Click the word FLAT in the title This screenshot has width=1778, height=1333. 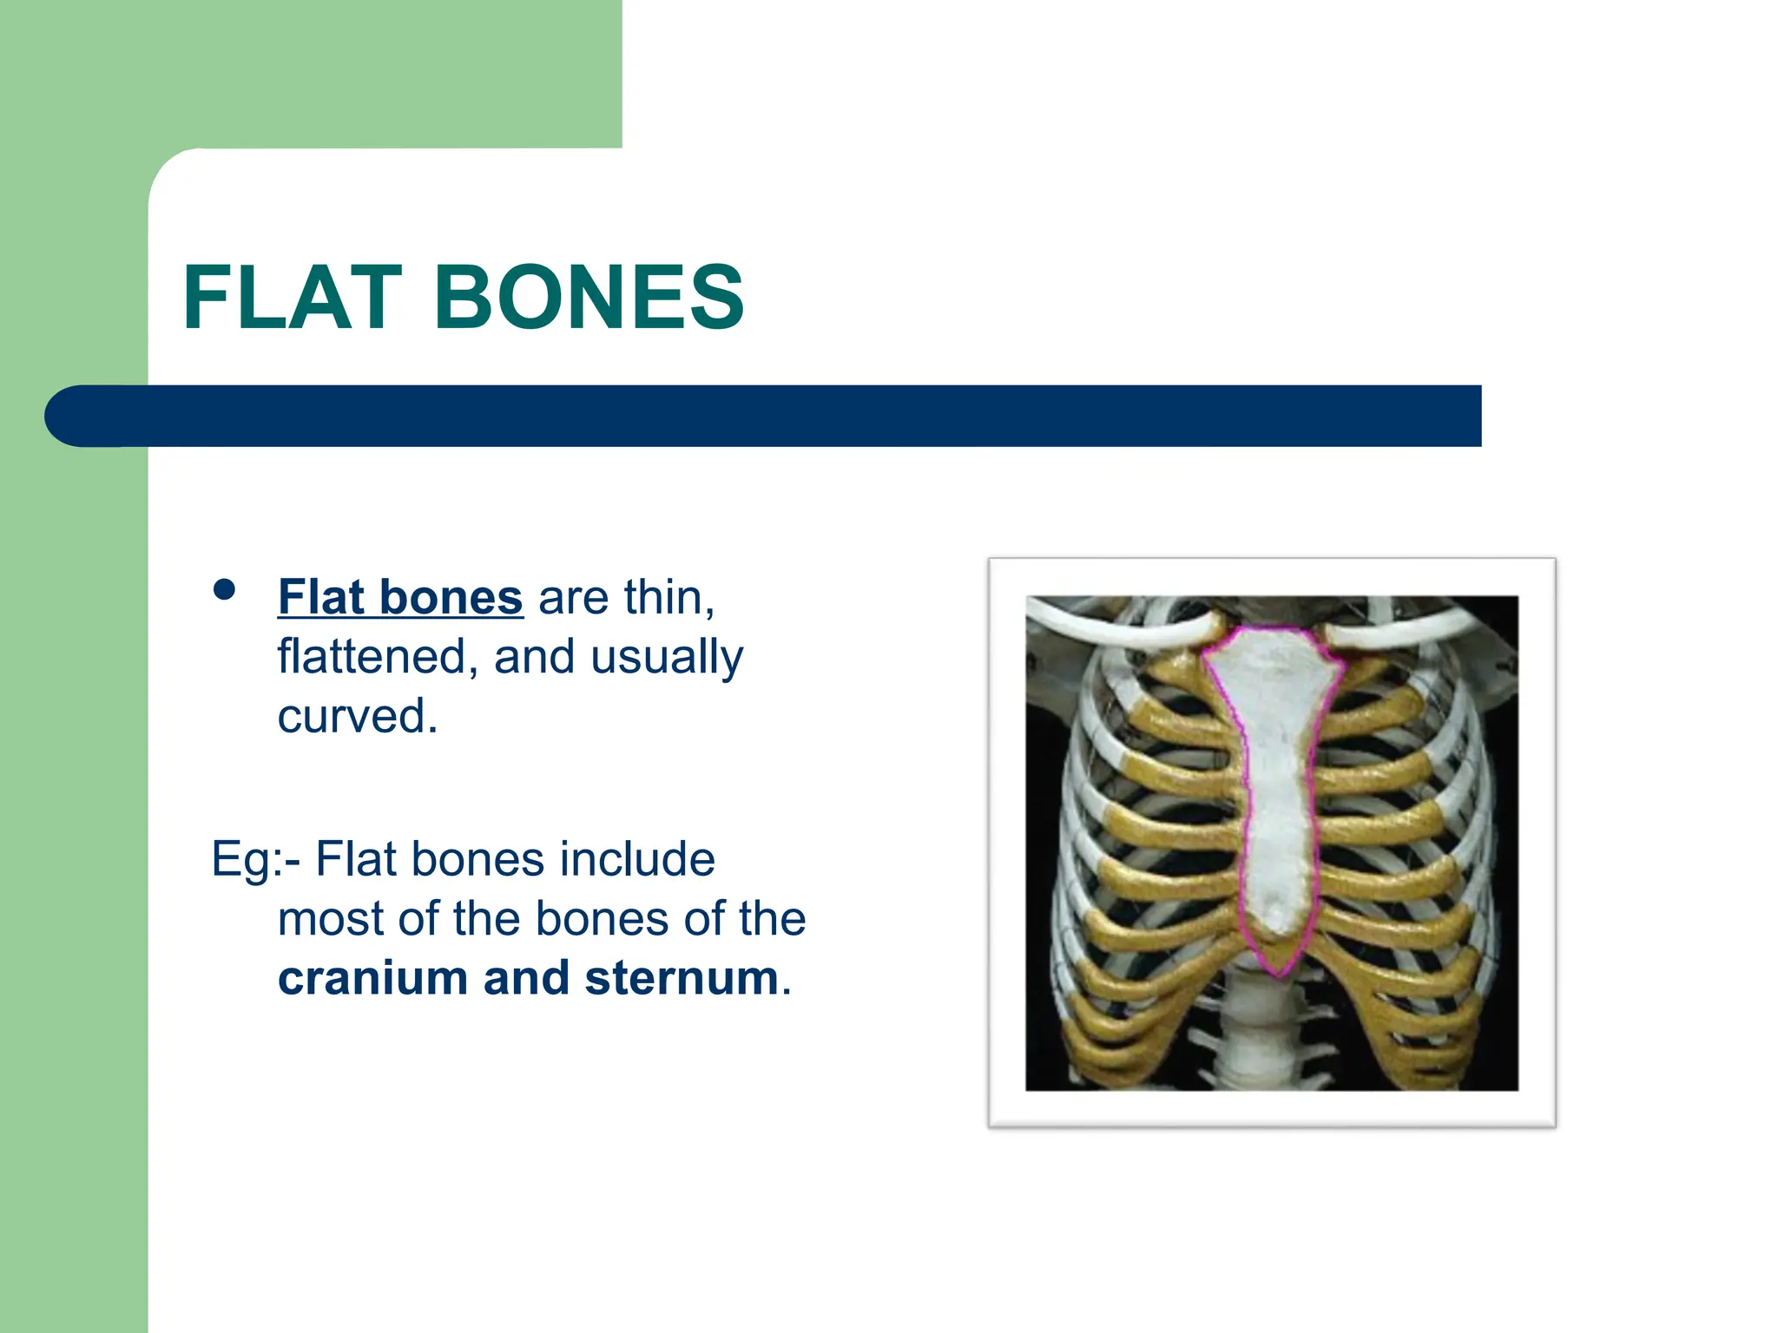292,298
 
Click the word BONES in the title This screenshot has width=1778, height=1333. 589,298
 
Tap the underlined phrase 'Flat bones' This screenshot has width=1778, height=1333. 400,597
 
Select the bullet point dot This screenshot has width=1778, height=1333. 224,590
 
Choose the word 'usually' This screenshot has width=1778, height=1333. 667,657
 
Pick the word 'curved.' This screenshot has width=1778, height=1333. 358,716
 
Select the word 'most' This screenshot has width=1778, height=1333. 330,918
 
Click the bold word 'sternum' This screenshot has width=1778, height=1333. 682,978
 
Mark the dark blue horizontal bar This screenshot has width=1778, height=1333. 764,416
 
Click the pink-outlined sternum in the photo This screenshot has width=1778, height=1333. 1274,781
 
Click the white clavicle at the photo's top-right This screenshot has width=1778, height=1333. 1424,629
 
